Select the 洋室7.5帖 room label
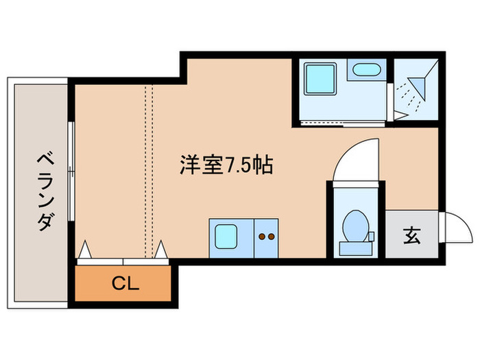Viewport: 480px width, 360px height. [x=227, y=165]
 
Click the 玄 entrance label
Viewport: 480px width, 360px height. [x=411, y=236]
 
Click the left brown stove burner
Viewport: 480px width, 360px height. [x=261, y=237]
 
